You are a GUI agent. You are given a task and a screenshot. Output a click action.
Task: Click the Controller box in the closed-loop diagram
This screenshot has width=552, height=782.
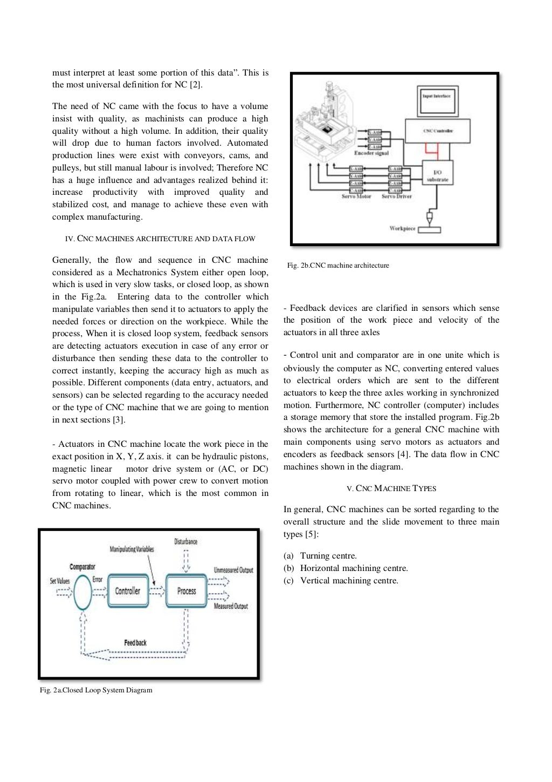click(x=128, y=591)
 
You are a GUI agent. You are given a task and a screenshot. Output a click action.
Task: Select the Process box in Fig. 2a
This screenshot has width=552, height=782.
click(x=187, y=591)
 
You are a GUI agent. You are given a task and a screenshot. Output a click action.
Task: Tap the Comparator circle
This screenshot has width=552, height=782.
click(x=82, y=592)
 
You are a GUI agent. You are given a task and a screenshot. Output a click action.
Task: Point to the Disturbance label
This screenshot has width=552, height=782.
click(x=185, y=541)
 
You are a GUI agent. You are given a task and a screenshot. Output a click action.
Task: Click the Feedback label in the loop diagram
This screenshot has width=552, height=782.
click(x=135, y=643)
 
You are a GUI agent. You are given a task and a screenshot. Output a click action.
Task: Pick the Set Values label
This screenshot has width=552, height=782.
click(x=60, y=581)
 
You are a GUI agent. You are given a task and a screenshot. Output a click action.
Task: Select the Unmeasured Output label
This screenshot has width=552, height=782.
click(x=233, y=570)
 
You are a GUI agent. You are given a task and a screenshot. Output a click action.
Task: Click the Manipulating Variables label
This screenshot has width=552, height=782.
click(x=132, y=549)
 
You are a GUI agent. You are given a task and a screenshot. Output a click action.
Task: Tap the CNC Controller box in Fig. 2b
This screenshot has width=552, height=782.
click(x=437, y=131)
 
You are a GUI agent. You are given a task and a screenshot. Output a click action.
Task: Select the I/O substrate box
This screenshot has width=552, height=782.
click(x=437, y=173)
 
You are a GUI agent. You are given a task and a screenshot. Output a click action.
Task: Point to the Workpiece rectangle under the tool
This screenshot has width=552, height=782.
click(x=429, y=230)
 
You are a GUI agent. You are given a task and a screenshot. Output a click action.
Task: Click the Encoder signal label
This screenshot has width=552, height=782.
click(x=371, y=153)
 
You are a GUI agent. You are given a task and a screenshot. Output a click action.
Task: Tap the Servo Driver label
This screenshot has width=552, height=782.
click(x=396, y=196)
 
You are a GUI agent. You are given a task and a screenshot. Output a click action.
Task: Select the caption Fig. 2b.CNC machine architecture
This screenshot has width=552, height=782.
click(x=338, y=265)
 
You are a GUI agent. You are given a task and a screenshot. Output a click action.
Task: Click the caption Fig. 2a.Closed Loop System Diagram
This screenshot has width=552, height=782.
click(x=96, y=690)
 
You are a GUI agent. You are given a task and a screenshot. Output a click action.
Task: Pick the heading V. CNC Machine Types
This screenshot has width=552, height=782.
click(x=391, y=488)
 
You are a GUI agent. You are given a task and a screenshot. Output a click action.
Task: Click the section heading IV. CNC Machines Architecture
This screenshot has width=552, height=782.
click(x=160, y=239)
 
